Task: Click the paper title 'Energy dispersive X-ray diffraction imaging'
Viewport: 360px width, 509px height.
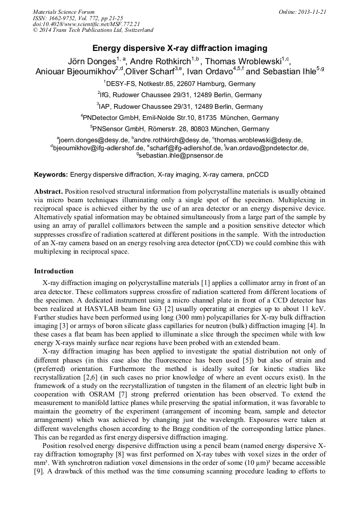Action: coord(179,49)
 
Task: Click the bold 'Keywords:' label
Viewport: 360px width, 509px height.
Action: coord(51,174)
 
